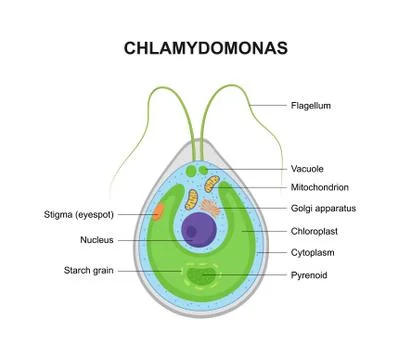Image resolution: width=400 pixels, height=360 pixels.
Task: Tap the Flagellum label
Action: tap(310, 105)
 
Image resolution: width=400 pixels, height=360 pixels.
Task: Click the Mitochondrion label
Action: tap(320, 188)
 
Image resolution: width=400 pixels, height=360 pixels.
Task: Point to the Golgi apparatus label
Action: tap(324, 209)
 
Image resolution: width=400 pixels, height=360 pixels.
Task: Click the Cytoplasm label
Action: tap(312, 252)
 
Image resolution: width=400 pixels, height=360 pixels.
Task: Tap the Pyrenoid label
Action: tap(309, 273)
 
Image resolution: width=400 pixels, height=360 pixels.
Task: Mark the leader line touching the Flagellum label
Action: tap(266, 105)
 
